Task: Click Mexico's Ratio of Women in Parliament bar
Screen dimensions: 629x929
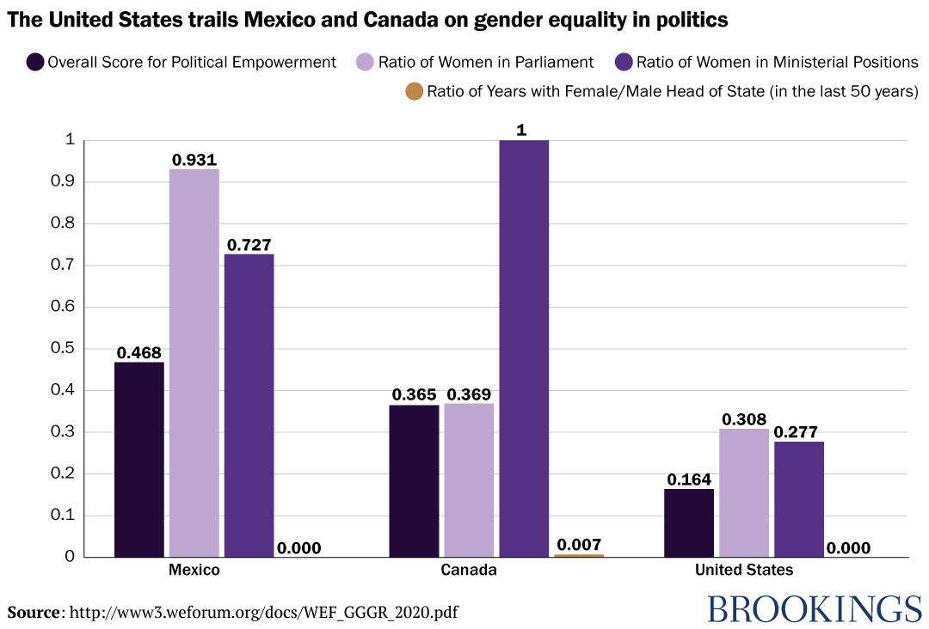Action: click(194, 363)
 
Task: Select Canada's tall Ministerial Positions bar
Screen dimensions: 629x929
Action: click(524, 348)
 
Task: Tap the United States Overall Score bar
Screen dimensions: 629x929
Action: click(689, 522)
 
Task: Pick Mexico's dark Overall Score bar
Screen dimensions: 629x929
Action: click(138, 459)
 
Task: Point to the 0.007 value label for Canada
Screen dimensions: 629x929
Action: click(579, 545)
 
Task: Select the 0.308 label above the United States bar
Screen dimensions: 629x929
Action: click(744, 419)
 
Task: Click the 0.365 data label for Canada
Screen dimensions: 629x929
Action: click(414, 395)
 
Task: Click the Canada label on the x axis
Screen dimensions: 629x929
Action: click(469, 570)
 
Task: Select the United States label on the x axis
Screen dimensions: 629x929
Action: click(744, 570)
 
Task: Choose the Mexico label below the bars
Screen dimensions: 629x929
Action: click(194, 570)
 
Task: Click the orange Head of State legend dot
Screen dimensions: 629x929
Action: click(414, 91)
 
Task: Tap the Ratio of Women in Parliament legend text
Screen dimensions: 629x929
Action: click(486, 62)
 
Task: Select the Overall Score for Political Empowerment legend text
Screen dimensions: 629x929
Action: click(192, 62)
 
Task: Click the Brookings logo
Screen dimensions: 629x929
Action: click(815, 609)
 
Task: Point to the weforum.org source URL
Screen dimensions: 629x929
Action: click(263, 613)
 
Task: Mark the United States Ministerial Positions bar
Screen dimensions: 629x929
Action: click(799, 499)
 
